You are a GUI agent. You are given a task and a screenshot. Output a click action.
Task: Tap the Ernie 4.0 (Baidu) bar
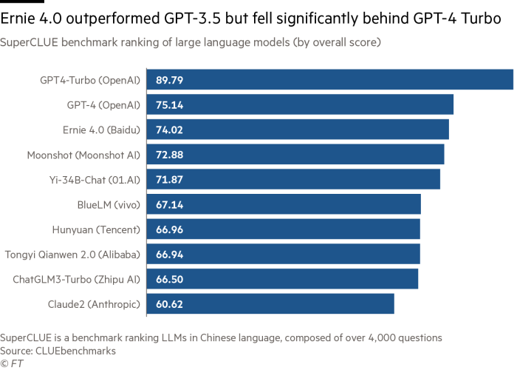click(298, 129)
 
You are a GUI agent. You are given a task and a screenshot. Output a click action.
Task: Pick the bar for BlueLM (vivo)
click(284, 204)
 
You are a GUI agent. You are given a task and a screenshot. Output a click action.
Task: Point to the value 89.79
click(170, 80)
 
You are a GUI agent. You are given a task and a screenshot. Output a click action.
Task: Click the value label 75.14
click(170, 105)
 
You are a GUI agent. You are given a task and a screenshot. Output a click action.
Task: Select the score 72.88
click(170, 155)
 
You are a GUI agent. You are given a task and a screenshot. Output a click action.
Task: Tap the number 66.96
click(170, 229)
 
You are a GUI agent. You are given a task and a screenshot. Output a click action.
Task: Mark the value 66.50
click(170, 280)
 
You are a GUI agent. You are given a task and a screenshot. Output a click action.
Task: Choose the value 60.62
click(170, 304)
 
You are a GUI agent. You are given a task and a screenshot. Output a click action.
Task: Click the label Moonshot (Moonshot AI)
click(83, 155)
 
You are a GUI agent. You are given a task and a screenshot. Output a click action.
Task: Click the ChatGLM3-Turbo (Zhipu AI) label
click(77, 280)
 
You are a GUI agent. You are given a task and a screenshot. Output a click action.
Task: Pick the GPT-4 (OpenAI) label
click(102, 105)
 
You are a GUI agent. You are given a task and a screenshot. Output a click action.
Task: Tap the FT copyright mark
click(10, 363)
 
